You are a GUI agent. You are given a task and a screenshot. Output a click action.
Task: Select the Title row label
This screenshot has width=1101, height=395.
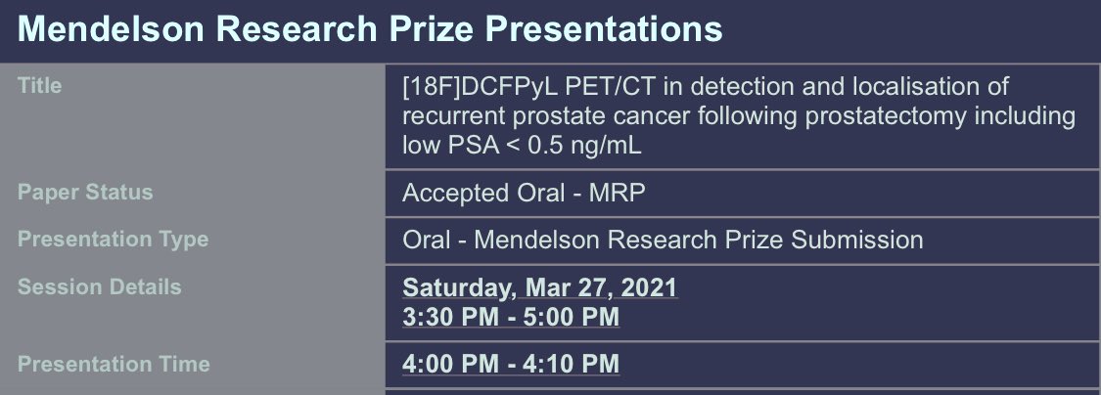coord(40,86)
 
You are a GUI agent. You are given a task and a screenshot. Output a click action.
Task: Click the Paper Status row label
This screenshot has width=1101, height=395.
coord(85,192)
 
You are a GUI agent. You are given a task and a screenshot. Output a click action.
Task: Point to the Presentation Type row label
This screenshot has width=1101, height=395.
coord(113,239)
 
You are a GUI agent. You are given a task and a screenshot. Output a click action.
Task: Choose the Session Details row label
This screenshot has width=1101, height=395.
coord(99,287)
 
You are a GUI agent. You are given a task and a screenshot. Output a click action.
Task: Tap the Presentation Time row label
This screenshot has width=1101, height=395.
coord(114,364)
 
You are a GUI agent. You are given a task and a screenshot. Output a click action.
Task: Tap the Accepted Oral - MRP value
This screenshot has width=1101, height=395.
coord(524,193)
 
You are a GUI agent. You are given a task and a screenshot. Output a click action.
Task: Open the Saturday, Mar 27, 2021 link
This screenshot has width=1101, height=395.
coord(539,288)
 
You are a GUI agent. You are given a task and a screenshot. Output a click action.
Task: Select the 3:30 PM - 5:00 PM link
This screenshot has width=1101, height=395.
coord(511,317)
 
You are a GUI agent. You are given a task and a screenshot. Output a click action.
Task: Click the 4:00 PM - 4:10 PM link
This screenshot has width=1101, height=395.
coord(511,364)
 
